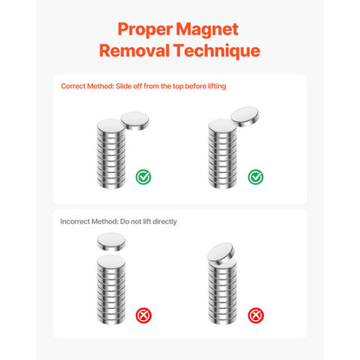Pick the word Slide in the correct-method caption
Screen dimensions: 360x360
pos(131,87)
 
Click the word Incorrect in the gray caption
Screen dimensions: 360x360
pos(77,222)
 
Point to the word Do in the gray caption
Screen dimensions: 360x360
pos(127,222)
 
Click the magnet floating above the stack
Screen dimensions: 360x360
pos(111,241)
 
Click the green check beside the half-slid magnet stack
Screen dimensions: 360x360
pos(145,177)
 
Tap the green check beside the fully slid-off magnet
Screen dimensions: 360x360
pos(255,177)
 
